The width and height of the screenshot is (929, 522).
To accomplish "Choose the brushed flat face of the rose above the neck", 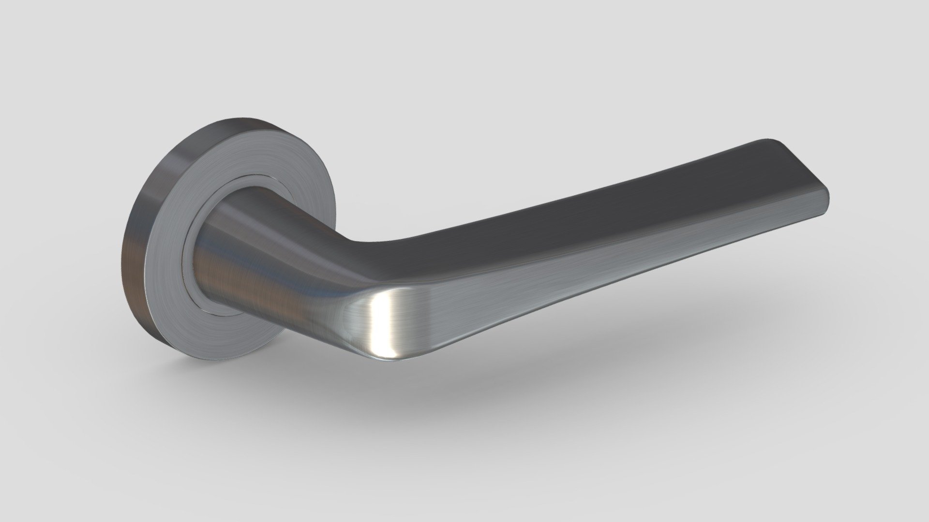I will tap(252, 155).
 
